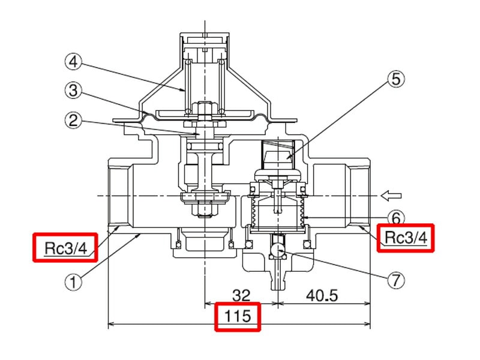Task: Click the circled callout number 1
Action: [73, 281]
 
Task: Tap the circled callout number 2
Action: [73, 121]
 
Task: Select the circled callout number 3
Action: [73, 91]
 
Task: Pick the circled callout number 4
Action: [73, 62]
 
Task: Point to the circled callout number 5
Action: [396, 79]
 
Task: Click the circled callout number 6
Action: [396, 218]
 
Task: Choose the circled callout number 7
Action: [396, 280]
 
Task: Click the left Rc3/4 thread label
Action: [65, 248]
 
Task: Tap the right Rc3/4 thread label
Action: [406, 237]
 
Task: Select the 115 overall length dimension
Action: [238, 316]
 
